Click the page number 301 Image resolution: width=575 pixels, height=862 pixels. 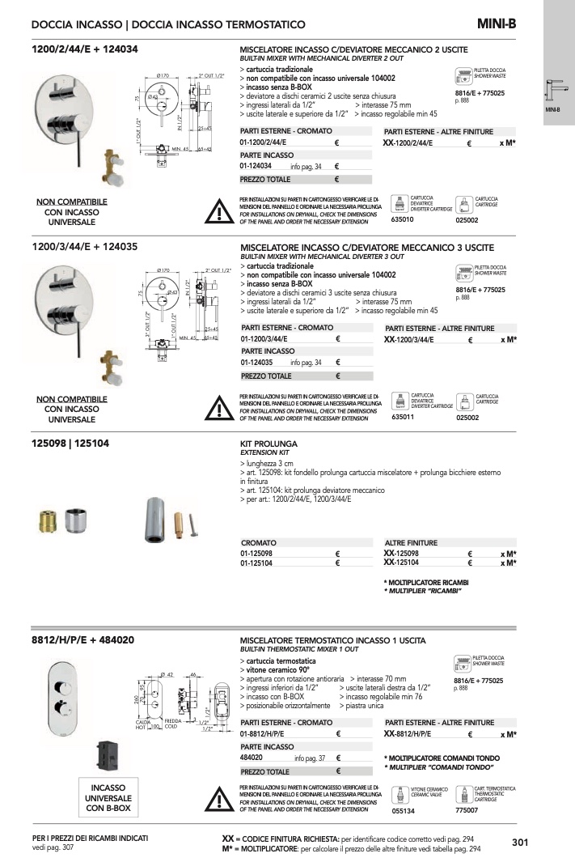(x=520, y=843)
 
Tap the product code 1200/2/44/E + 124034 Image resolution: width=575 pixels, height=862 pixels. (x=84, y=49)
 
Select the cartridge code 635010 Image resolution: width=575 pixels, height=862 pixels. (x=402, y=219)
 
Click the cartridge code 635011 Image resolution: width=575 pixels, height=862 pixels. (x=402, y=417)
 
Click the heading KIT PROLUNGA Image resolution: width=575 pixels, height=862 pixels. (x=269, y=444)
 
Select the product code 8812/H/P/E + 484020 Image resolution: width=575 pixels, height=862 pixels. (x=82, y=640)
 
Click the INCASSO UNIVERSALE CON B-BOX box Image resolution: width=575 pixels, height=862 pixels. (x=108, y=796)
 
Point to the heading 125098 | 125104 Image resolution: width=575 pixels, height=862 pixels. (x=71, y=444)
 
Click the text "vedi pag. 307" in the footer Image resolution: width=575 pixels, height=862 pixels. (x=53, y=847)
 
